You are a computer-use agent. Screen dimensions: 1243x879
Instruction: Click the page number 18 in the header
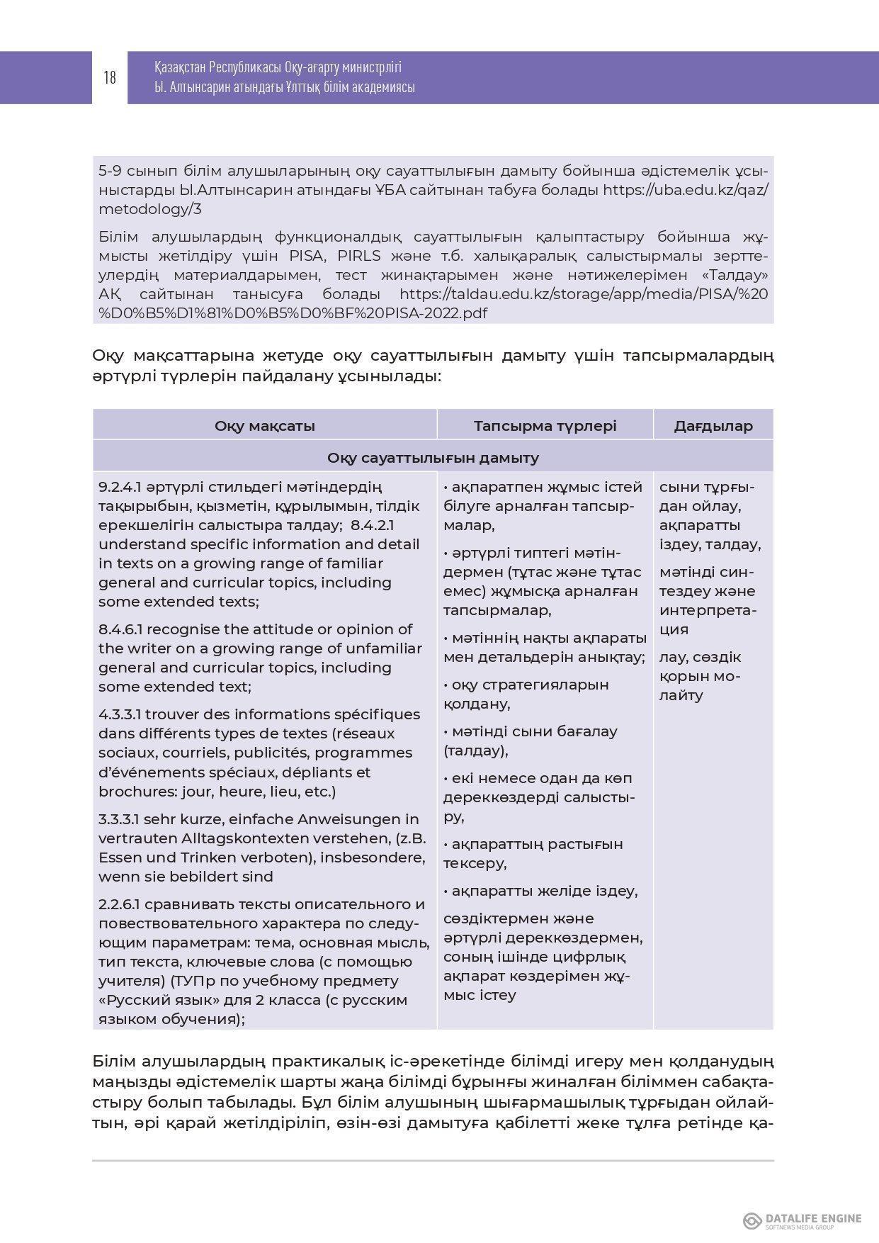(x=110, y=77)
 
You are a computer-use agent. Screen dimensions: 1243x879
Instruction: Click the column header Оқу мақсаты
(x=264, y=426)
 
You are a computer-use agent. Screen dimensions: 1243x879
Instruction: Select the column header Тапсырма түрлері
(x=545, y=426)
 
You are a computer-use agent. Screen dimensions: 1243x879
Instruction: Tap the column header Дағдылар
(x=713, y=426)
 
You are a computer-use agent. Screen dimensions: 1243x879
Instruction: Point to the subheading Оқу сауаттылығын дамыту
(x=433, y=458)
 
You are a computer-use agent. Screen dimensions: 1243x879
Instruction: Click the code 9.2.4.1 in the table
(x=121, y=487)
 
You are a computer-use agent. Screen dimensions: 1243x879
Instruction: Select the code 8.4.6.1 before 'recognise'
(x=121, y=629)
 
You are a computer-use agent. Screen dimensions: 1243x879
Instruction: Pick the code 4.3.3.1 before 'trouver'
(x=120, y=714)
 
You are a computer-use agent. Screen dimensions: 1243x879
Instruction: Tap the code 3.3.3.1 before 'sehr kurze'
(x=120, y=819)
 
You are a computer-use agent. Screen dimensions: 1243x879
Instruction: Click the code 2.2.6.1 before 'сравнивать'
(x=120, y=904)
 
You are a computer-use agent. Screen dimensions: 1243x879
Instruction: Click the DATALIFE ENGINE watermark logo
(x=802, y=1220)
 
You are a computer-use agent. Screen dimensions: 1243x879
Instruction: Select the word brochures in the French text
(x=132, y=792)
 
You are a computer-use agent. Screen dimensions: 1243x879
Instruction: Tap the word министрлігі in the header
(x=371, y=68)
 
